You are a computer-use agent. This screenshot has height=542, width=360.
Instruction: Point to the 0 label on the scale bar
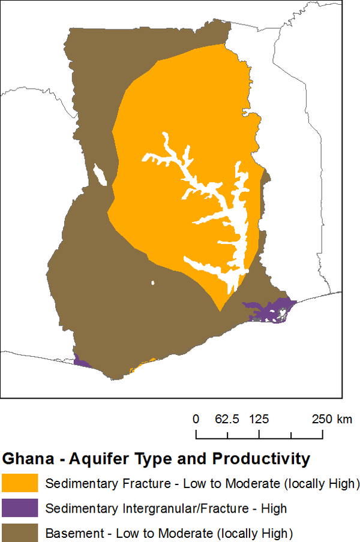[196, 418]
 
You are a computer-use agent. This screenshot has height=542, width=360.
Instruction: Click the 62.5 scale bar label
[227, 418]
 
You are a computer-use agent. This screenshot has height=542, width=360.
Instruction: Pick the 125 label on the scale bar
[259, 418]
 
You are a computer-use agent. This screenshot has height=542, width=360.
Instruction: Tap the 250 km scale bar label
[332, 418]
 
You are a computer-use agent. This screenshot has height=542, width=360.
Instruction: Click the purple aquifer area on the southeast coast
[264, 312]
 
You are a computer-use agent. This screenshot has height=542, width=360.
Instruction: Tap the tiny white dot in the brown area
[153, 283]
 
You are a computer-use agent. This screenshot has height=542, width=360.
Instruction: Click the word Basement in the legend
[72, 532]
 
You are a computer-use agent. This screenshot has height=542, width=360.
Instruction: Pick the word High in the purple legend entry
[274, 508]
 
